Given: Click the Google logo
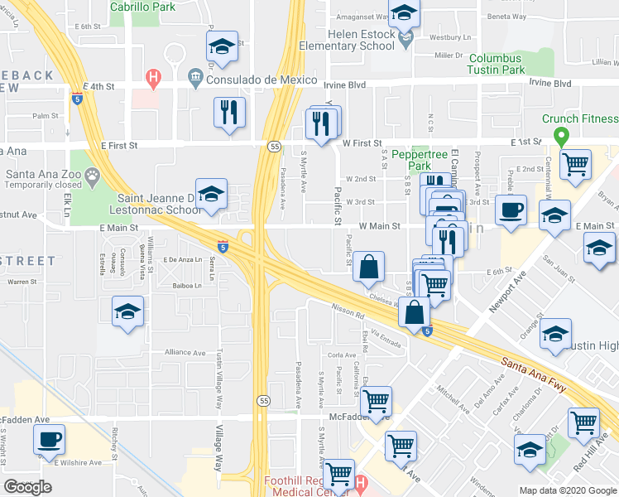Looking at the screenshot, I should [27, 487].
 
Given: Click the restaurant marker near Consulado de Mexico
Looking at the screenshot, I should [229, 112].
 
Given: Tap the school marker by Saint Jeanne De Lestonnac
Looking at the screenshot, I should [211, 194].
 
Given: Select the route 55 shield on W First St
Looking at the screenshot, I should [273, 146].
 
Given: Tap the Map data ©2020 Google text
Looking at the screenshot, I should [568, 490].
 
